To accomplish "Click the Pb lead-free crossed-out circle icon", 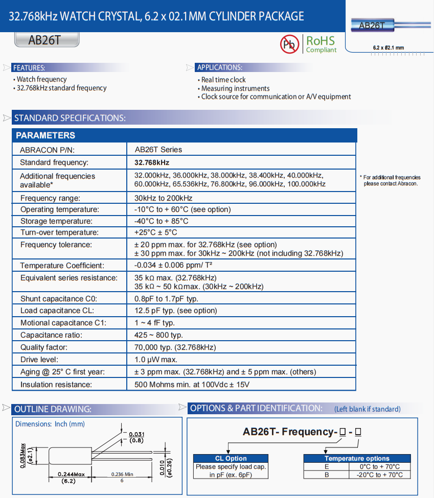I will (x=289, y=44).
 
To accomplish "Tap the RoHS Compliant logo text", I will (x=321, y=44).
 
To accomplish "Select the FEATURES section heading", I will (x=29, y=67).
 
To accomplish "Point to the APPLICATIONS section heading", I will (x=220, y=67).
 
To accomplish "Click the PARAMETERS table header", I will (x=45, y=135).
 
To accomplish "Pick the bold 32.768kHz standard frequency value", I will (x=152, y=162).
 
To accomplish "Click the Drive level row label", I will (x=39, y=360).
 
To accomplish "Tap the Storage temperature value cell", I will (x=161, y=221).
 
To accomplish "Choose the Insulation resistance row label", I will (x=56, y=384).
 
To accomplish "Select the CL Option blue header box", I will (x=231, y=458).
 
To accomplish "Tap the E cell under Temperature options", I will (x=326, y=466).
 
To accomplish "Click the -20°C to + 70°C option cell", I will (x=379, y=475).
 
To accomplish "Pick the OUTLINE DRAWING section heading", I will (x=53, y=409).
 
